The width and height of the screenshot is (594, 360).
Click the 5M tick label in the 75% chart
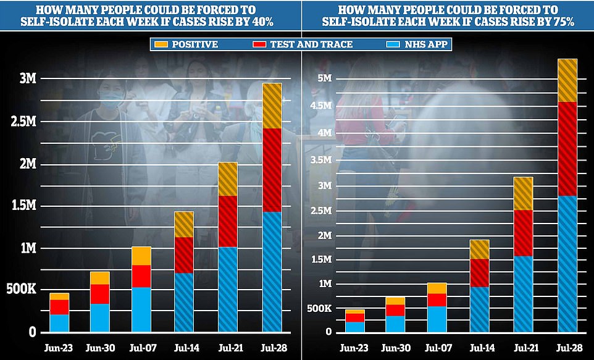327,78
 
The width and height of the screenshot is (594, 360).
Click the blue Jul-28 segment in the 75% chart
567,264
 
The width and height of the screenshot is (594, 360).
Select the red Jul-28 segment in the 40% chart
272,170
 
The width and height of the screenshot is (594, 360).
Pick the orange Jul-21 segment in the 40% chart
227,179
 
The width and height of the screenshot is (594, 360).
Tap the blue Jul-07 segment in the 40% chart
141,309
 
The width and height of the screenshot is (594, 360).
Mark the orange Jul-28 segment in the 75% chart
567,80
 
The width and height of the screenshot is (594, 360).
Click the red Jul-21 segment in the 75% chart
523,233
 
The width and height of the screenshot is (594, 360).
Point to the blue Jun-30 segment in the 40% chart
99,317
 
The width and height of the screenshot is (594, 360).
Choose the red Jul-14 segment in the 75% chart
479,273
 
